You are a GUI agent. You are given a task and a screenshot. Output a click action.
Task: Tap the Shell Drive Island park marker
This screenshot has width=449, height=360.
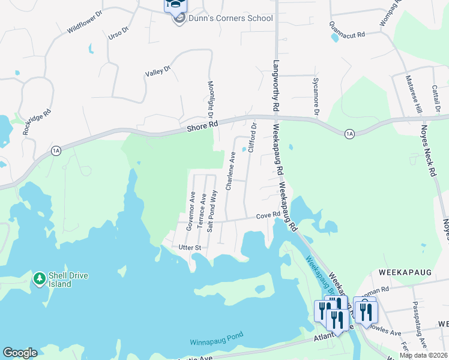(40, 278)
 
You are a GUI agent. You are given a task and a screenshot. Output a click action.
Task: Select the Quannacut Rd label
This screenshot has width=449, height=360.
(347, 30)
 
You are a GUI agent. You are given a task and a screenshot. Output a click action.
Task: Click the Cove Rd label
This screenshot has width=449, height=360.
(268, 215)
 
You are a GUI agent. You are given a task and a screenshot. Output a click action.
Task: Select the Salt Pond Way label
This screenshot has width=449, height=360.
(211, 212)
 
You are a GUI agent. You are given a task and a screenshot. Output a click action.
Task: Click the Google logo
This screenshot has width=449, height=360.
(19, 353)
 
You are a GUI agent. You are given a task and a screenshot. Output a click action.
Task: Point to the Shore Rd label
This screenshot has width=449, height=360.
(202, 127)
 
